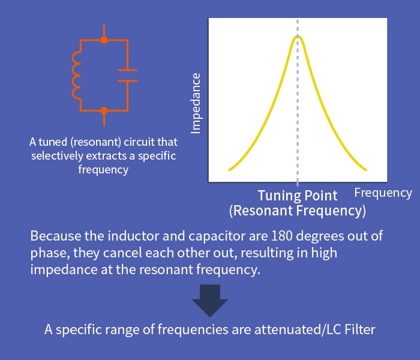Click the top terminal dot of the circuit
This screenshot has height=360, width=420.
point(104,40)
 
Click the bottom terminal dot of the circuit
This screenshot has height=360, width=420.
point(104,110)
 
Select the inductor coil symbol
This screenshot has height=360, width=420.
point(76,75)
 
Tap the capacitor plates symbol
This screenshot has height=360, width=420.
point(127,75)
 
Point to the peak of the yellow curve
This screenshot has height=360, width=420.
point(298,37)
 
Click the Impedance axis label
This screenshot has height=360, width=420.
point(196,103)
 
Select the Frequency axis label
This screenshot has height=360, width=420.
point(383,193)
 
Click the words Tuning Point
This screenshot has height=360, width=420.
point(298,196)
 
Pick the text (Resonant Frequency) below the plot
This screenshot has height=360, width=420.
point(298,211)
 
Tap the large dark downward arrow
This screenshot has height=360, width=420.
point(210,301)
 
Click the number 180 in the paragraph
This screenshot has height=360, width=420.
point(281,236)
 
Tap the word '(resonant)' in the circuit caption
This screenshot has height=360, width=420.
point(96,142)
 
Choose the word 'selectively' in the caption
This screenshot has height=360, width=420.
point(57,156)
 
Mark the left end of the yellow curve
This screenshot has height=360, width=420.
point(229,170)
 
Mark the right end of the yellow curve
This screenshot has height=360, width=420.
point(365,169)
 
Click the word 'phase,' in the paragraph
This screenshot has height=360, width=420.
point(50,253)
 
